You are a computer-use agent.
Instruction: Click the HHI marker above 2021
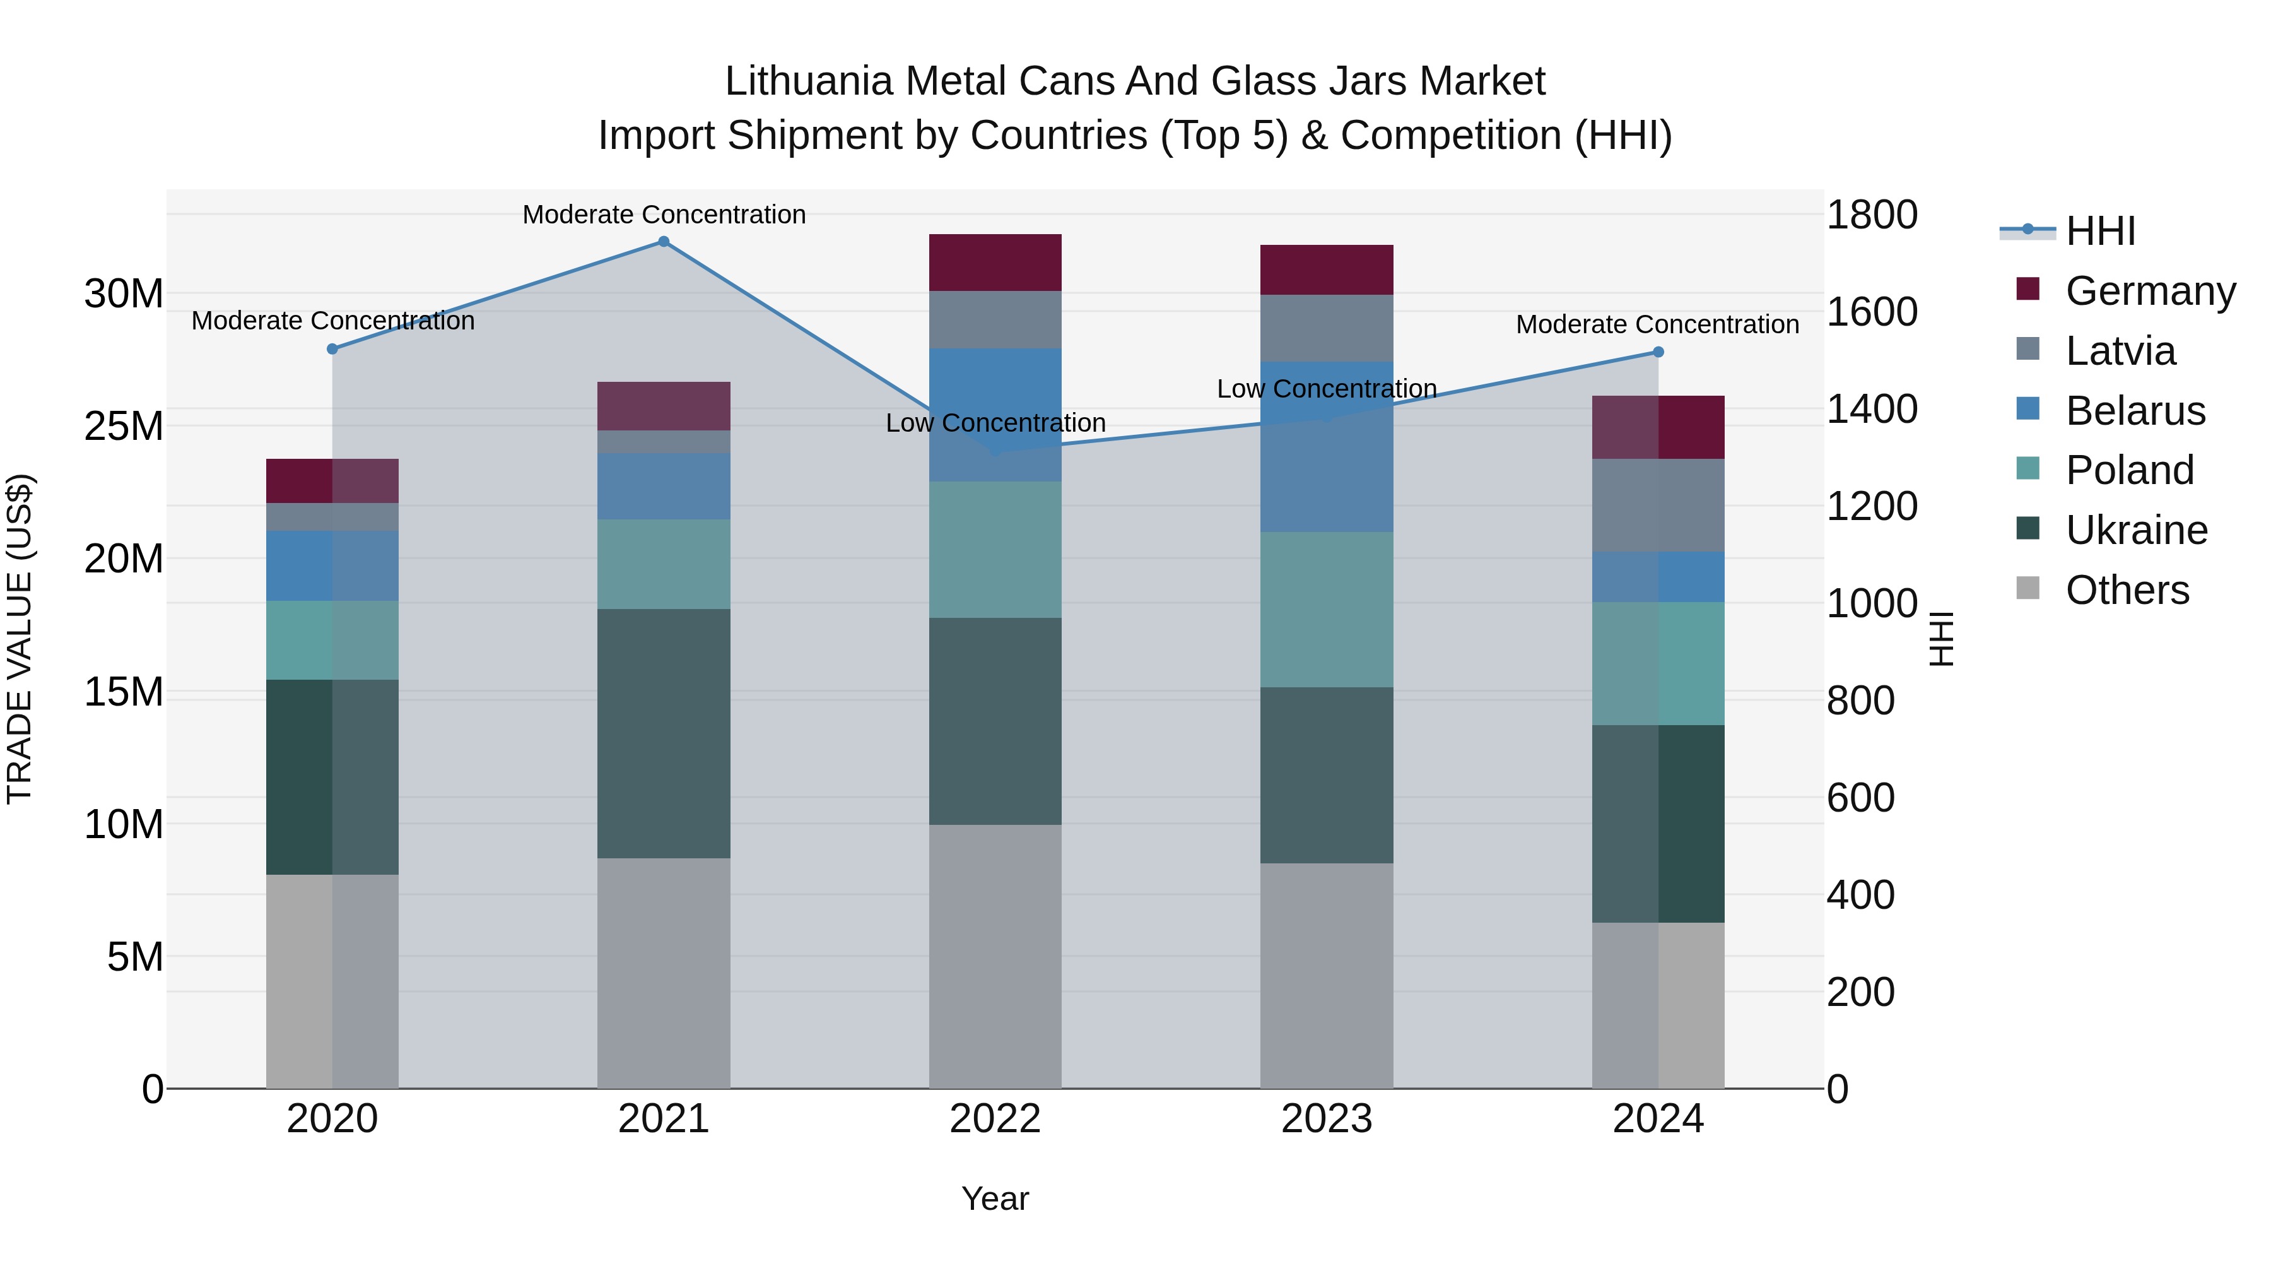(664, 242)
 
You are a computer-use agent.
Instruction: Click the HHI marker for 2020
(332, 349)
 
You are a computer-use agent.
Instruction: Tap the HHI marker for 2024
(1658, 352)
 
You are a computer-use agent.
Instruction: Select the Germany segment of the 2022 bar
(995, 263)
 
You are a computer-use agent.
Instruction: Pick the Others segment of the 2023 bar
(1327, 976)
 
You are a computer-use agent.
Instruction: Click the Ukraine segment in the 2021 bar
(664, 734)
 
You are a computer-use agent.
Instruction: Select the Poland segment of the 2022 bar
(995, 550)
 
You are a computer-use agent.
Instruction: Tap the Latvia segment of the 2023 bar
(1327, 328)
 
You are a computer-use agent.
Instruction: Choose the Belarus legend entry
(2134, 411)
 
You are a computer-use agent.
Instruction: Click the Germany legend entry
(2149, 291)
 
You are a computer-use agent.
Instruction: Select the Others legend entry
(2127, 590)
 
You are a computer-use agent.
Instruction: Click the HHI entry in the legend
(2100, 231)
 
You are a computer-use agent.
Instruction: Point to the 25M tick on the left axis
(124, 426)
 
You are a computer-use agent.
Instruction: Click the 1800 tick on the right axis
(1872, 215)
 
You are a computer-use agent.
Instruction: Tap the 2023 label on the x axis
(1327, 1119)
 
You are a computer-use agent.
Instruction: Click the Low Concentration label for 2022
(995, 423)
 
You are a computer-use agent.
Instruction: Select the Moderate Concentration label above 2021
(664, 215)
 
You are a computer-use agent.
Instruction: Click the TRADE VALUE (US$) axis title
(20, 639)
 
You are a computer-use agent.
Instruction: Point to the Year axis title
(995, 1198)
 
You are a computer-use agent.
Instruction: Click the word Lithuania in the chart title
(809, 81)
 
